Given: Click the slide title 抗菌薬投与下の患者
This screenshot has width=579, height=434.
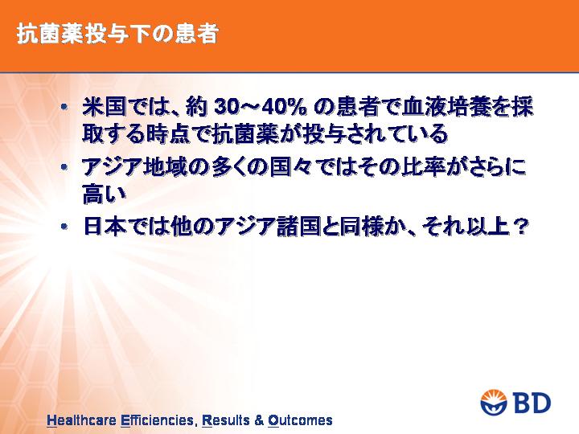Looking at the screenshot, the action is click(x=117, y=35).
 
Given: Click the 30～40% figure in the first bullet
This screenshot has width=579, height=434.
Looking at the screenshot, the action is click(x=260, y=108).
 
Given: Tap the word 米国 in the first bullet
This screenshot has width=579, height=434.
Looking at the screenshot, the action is click(x=105, y=107).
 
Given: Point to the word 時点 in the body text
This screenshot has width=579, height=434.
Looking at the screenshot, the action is click(x=167, y=133).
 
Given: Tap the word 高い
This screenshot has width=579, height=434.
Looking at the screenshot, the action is click(x=104, y=194).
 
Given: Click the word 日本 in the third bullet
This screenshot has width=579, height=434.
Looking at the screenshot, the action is click(x=105, y=226).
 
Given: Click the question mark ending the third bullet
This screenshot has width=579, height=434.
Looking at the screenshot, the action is click(x=519, y=227).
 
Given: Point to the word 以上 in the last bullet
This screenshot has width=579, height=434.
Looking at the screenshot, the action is click(x=488, y=226).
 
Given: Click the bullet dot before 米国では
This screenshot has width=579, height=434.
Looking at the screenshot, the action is click(x=64, y=108).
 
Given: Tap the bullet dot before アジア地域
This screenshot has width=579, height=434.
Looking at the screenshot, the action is click(x=64, y=167).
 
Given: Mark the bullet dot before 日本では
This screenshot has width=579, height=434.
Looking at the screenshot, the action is click(x=64, y=226).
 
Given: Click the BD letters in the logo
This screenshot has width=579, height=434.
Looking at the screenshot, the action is click(x=532, y=403).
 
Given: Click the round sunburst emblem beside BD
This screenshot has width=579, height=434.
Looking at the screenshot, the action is click(x=495, y=402).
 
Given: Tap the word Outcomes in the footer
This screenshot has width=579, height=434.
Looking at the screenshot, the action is click(x=300, y=420).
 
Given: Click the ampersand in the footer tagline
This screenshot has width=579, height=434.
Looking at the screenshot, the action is click(x=259, y=420).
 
